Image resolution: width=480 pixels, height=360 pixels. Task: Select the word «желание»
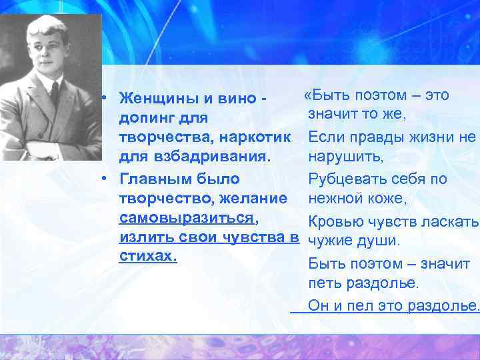tap(256, 198)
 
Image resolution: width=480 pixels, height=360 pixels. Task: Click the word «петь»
tap(323, 283)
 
